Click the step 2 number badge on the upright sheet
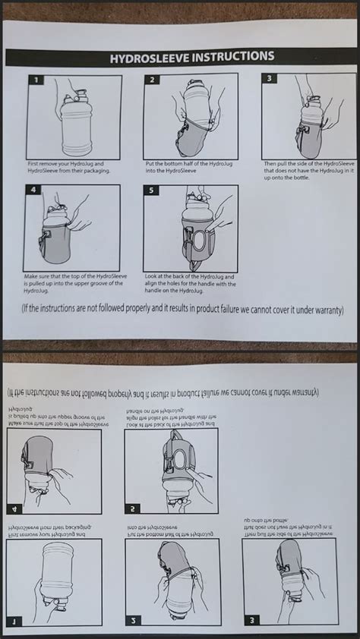(152, 80)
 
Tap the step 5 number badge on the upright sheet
(152, 190)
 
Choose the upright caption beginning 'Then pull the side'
(307, 171)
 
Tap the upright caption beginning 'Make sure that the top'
(73, 279)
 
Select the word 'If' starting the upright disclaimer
(29, 310)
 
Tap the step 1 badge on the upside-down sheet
(12, 622)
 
